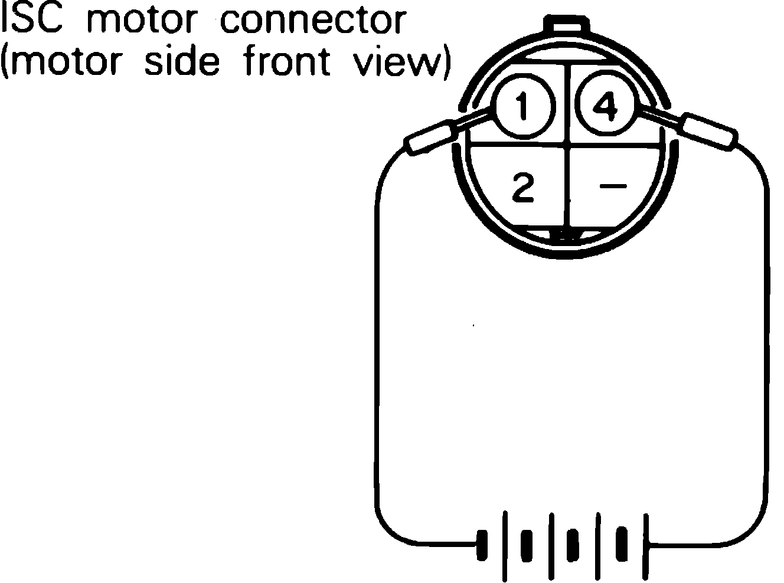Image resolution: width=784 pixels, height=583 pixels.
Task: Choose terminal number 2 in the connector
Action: click(x=523, y=188)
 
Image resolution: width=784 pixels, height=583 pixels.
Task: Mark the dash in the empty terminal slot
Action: click(x=613, y=186)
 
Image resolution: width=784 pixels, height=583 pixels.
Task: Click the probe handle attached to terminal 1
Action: click(x=430, y=137)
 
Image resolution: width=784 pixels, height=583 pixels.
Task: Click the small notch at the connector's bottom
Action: click(x=566, y=236)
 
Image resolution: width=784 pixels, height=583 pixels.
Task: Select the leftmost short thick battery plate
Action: click(x=483, y=543)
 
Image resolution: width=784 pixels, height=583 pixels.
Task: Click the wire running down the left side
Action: click(x=375, y=354)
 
